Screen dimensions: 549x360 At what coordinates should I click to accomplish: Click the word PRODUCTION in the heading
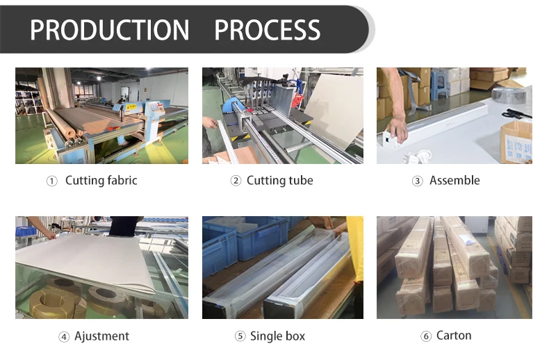click(x=110, y=30)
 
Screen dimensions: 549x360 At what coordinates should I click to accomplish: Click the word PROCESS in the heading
click(x=267, y=30)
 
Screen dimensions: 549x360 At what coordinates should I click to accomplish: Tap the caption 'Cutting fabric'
click(x=101, y=181)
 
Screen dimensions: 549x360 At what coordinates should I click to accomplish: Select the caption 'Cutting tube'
click(x=280, y=181)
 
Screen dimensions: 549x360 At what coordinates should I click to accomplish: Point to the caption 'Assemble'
click(x=454, y=181)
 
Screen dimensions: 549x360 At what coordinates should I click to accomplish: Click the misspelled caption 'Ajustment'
click(x=103, y=336)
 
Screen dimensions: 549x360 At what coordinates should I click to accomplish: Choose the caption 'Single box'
click(x=277, y=336)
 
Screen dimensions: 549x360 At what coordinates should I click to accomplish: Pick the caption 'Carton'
click(x=454, y=336)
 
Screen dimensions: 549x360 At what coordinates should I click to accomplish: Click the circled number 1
click(x=52, y=181)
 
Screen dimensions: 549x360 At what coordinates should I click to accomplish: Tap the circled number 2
click(x=236, y=181)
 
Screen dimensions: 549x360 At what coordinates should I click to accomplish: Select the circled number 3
click(x=418, y=181)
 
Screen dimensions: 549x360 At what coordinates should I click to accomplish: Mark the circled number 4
click(x=64, y=337)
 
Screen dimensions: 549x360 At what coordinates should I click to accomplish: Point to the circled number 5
click(x=240, y=337)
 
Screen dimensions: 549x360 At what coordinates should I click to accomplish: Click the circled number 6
click(x=426, y=337)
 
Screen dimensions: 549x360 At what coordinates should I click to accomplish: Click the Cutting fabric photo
click(x=101, y=115)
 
